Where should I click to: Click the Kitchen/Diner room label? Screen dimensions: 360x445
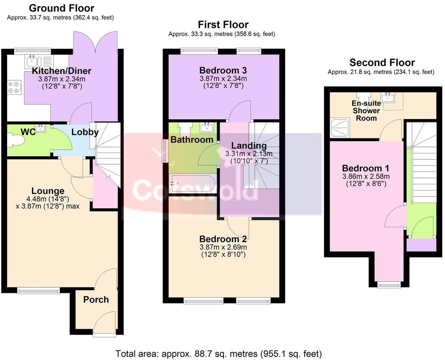[62, 71]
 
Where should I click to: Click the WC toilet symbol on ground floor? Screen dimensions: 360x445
[17, 141]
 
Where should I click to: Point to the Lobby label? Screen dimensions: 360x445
[85, 132]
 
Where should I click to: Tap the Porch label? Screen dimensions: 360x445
[96, 300]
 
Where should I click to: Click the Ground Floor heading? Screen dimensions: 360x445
[61, 8]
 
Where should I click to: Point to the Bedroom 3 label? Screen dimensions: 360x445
[223, 70]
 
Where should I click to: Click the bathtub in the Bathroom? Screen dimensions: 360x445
[192, 183]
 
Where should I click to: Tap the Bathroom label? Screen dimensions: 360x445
[192, 140]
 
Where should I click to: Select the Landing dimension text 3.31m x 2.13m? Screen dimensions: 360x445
[248, 154]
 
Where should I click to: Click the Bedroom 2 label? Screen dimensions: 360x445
[223, 239]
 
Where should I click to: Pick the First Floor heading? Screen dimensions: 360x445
[223, 25]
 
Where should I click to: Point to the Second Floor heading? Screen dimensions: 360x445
[382, 63]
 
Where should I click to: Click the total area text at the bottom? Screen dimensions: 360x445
[219, 353]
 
